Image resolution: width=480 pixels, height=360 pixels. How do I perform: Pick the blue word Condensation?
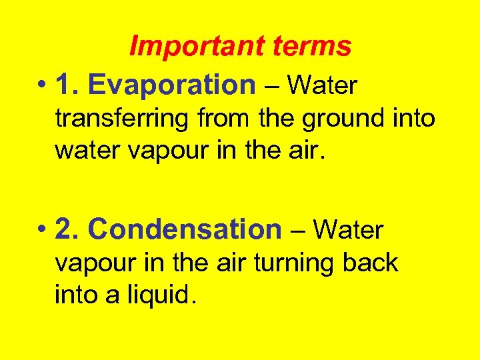185,229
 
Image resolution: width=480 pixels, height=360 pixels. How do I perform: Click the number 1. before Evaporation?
68,85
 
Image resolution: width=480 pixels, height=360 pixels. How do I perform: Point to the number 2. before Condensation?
68,229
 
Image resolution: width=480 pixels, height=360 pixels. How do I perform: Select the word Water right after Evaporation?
323,85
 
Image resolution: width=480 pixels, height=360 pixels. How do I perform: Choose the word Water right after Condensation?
349,230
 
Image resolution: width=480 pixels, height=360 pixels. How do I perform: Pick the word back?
370,263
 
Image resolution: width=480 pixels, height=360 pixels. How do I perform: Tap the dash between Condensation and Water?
297,230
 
